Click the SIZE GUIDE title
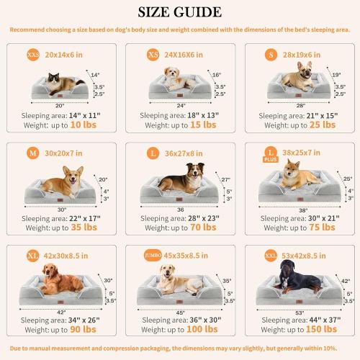(x=179, y=12)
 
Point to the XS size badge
(x=152, y=54)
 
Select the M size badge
(x=33, y=152)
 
